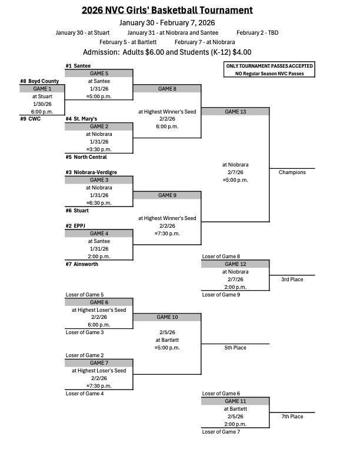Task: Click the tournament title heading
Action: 168,10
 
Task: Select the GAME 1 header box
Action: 42,88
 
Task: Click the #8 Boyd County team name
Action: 39,81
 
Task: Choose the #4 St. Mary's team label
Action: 81,119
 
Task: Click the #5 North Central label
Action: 86,157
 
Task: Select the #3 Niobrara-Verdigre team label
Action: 91,172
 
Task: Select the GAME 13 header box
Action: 235,111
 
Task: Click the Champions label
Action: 292,172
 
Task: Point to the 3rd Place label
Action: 292,279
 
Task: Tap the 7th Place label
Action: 292,417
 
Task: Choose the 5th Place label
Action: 235,348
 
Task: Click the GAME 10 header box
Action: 167,317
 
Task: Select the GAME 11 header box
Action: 235,401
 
